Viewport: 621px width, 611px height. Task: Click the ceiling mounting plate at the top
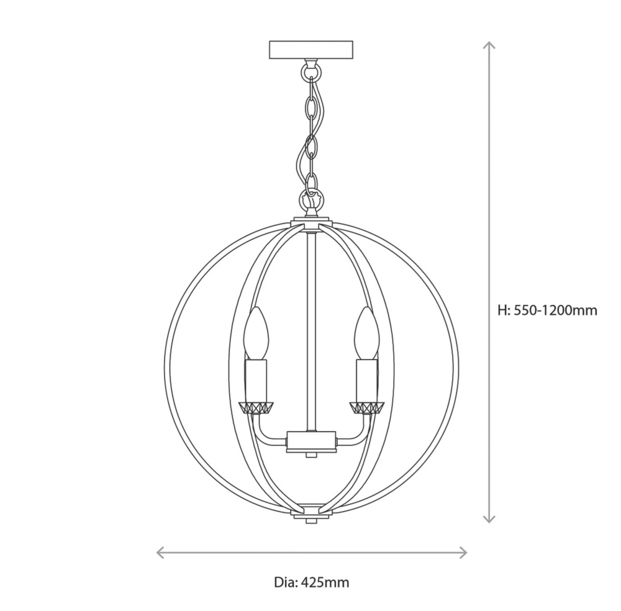[x=310, y=49]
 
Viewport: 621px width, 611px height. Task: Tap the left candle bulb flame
[x=256, y=334]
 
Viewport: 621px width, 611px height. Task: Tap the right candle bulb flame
[x=366, y=334]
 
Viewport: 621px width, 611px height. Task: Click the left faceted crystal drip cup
[x=256, y=407]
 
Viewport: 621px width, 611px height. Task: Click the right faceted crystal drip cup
[x=366, y=407]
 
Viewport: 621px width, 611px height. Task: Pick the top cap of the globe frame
[x=311, y=221]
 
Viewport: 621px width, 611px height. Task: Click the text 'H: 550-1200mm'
[x=548, y=310]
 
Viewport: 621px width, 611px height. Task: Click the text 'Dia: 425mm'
[x=311, y=582]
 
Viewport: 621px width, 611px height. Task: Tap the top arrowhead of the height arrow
[x=490, y=45]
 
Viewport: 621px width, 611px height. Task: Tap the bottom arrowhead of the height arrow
[x=490, y=519]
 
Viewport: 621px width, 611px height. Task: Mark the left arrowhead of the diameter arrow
[x=159, y=552]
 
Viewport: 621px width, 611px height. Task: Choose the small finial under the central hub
[x=311, y=456]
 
